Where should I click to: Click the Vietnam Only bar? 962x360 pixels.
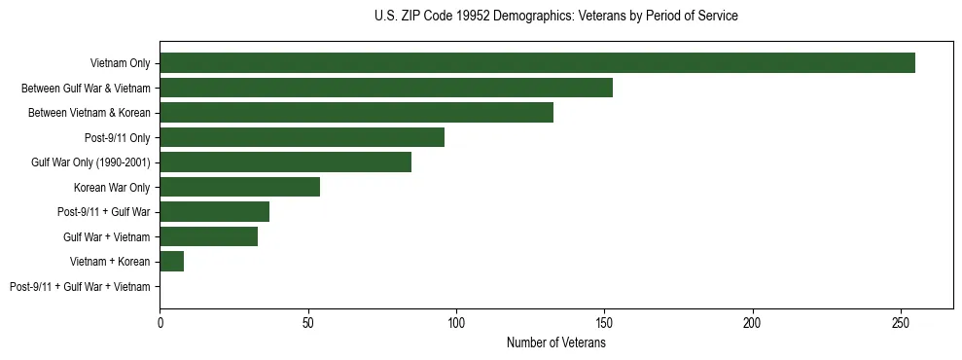click(x=537, y=63)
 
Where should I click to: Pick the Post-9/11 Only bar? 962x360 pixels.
click(x=302, y=137)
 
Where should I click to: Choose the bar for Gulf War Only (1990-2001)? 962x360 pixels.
click(x=286, y=162)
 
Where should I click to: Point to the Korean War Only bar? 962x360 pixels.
click(x=240, y=187)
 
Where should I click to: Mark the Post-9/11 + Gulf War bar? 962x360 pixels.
click(x=215, y=212)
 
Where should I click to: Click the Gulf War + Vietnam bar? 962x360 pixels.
click(x=209, y=236)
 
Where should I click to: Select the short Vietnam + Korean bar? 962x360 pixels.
click(x=172, y=262)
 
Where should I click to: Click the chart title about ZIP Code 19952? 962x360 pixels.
click(x=555, y=17)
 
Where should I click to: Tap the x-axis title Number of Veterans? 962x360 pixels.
click(x=555, y=343)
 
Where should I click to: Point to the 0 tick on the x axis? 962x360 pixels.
click(x=160, y=322)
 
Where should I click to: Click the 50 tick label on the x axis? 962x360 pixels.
click(x=308, y=322)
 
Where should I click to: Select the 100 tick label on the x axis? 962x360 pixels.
click(x=456, y=322)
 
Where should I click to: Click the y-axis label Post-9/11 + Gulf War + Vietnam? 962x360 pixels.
click(x=80, y=287)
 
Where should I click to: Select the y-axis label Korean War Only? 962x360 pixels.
click(x=112, y=188)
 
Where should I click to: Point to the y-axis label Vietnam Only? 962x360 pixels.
click(x=120, y=64)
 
